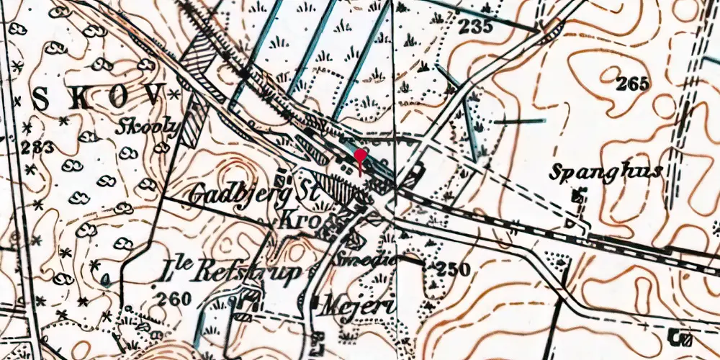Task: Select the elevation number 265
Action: click(x=633, y=84)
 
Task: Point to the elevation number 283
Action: click(x=37, y=148)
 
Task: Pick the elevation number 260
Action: click(x=175, y=298)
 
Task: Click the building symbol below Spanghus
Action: click(x=577, y=195)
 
